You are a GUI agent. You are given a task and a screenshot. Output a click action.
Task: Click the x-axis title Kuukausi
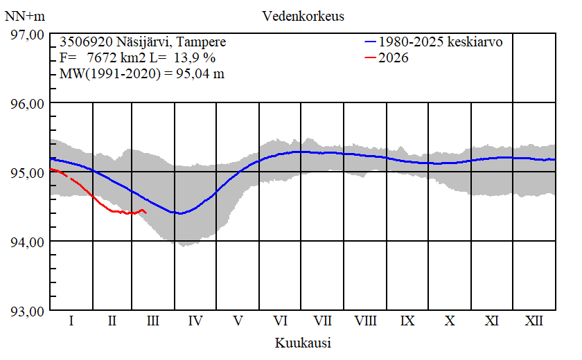click(303, 343)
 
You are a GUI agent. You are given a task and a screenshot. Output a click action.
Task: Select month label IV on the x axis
click(195, 321)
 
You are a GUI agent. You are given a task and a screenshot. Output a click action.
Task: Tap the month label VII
click(322, 321)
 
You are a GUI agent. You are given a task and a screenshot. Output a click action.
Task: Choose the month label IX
click(407, 321)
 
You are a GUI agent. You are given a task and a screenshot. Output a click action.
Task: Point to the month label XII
click(533, 321)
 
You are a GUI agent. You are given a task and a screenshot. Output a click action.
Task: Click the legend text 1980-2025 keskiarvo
click(441, 42)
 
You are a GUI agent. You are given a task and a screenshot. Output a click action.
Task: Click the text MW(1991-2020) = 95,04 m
click(142, 74)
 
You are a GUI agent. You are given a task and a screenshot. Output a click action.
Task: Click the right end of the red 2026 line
click(146, 213)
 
